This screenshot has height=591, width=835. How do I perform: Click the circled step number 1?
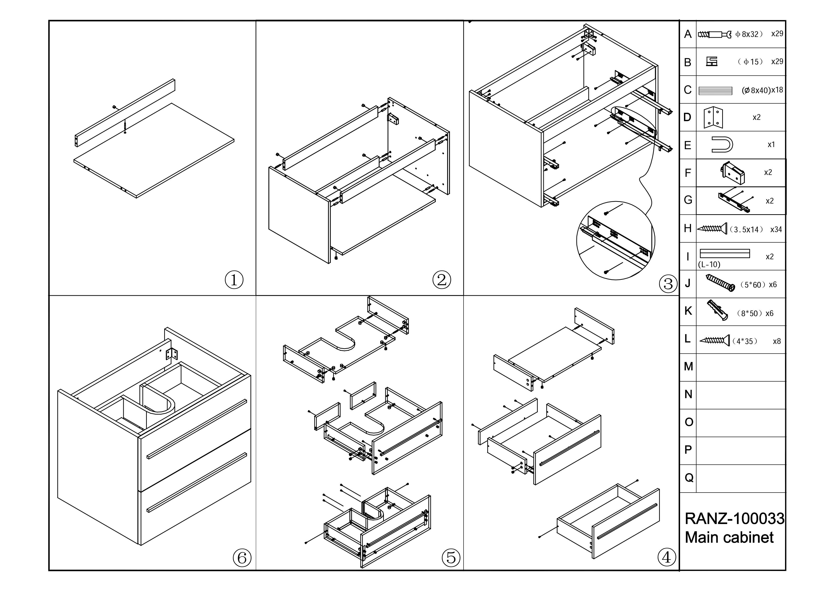click(234, 280)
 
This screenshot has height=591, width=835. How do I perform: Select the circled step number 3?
click(668, 284)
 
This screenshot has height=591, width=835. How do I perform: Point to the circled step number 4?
click(667, 557)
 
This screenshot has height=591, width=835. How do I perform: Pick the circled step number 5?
click(451, 557)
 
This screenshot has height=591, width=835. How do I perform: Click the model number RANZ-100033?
click(735, 519)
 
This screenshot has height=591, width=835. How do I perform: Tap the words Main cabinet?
click(729, 537)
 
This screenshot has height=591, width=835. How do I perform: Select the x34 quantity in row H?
click(776, 229)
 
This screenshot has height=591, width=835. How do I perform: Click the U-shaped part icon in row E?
click(722, 145)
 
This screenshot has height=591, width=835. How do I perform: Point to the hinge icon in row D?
click(713, 117)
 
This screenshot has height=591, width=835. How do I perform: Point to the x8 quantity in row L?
click(777, 341)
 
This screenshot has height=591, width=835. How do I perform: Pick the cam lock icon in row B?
click(712, 61)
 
